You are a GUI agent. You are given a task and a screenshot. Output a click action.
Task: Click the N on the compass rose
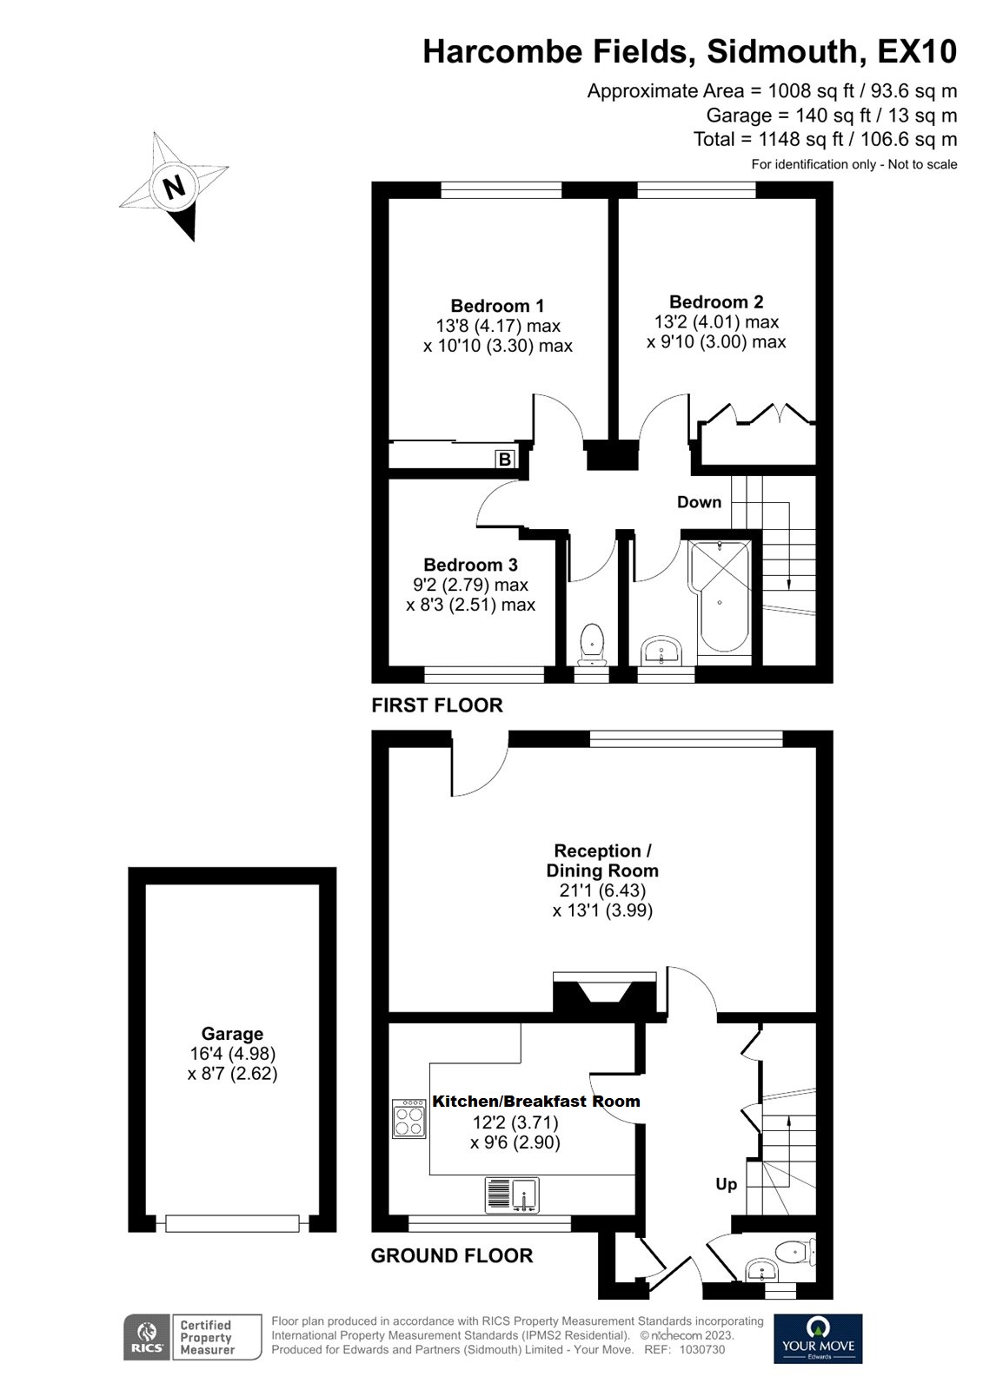click(x=175, y=186)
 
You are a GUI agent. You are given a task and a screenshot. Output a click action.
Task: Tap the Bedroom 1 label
click(x=497, y=306)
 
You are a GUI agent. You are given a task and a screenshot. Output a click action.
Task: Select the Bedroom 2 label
click(x=716, y=301)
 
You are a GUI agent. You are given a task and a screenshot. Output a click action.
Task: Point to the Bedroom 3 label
click(x=470, y=565)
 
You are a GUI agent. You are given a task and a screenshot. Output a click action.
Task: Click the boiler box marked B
click(x=505, y=459)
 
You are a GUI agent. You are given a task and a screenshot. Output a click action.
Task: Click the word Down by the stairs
click(x=699, y=502)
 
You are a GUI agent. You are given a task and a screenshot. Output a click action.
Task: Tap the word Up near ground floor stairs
click(x=726, y=1184)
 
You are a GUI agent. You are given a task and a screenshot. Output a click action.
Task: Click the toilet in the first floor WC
click(x=592, y=643)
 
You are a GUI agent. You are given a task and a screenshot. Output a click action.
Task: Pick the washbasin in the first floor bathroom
click(x=663, y=651)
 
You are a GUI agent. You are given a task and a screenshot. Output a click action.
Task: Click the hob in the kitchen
click(x=409, y=1118)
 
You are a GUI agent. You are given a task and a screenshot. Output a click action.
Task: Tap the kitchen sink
click(x=513, y=1195)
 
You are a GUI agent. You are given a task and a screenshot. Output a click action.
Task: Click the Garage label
click(x=232, y=1034)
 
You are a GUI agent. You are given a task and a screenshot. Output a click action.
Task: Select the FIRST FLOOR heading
click(x=436, y=705)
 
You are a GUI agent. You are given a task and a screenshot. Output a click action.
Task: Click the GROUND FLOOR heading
click(x=451, y=1255)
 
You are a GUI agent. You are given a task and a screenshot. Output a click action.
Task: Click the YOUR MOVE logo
click(x=818, y=1338)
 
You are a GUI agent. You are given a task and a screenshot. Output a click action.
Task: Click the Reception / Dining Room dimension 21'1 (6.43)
click(x=601, y=890)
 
